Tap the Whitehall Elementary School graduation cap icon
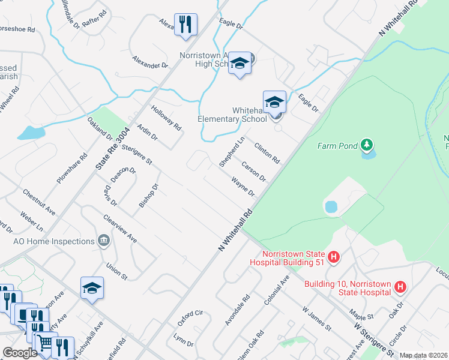coord(274,101)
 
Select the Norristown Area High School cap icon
coord(240,63)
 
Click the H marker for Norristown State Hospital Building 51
coord(335,257)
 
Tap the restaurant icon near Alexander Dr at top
coord(185,25)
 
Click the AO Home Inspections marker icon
coord(104,241)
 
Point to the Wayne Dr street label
coord(243,186)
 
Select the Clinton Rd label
coord(267,153)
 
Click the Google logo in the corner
coord(20,352)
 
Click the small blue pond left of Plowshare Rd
coord(31,133)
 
